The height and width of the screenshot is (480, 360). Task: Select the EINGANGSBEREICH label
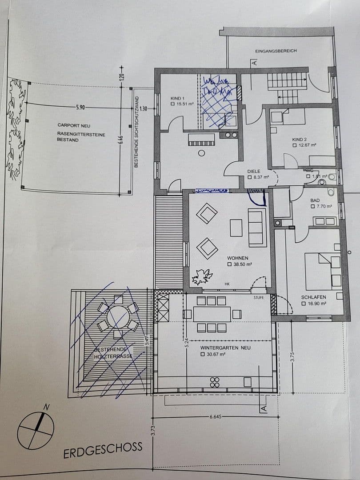[276, 51]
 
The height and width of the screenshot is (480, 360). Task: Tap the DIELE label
[254, 171]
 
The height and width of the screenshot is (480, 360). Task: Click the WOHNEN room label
[237, 258]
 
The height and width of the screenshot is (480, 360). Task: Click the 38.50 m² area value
[243, 264]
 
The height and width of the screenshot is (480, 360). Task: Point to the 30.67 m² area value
[216, 354]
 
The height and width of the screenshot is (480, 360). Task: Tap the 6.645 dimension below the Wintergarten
[216, 417]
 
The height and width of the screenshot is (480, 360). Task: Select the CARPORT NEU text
[74, 126]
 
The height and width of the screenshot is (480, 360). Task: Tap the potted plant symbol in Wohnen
[201, 277]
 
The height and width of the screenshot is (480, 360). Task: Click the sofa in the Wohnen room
[257, 227]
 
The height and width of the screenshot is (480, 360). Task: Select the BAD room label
[315, 200]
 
